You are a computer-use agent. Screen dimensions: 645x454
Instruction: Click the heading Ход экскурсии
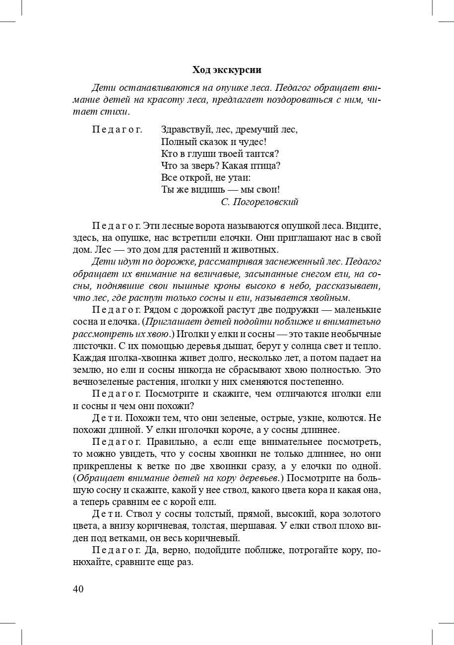pyautogui.click(x=227, y=70)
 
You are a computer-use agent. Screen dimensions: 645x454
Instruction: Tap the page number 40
pyautogui.click(x=78, y=589)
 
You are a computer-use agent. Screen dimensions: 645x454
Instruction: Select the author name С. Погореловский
pyautogui.click(x=259, y=202)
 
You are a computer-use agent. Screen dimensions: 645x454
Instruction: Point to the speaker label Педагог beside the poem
pyautogui.click(x=117, y=130)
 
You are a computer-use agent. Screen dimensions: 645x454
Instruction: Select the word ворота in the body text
pyautogui.click(x=214, y=225)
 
